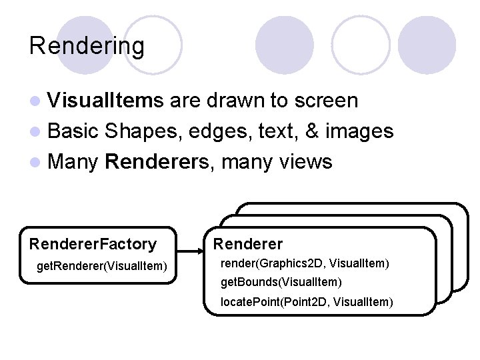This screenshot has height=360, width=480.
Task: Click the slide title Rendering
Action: [87, 46]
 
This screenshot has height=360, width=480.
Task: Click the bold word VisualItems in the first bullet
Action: [105, 101]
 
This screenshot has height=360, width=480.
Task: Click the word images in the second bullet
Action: [359, 131]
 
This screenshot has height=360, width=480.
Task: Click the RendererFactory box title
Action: [93, 245]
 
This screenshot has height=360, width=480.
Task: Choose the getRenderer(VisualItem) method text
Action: [101, 267]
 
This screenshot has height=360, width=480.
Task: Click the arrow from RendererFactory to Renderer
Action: [193, 252]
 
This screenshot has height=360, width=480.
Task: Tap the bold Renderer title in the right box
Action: [248, 244]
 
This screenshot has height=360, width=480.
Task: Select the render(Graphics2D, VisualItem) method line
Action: [305, 263]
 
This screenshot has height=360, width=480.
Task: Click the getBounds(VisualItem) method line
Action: [281, 283]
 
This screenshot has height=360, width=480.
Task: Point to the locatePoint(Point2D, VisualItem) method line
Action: [307, 302]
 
